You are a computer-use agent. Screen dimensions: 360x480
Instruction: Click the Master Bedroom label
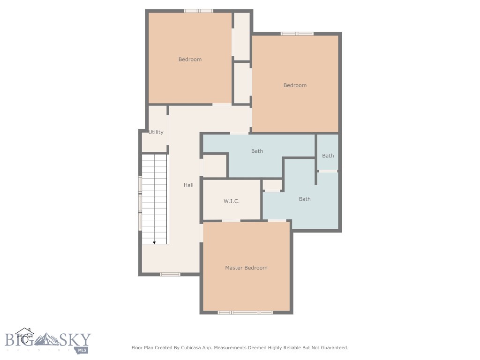pyautogui.click(x=246, y=268)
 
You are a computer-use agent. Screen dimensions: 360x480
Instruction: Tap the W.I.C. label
pyautogui.click(x=231, y=201)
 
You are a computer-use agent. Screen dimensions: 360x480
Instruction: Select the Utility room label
pyautogui.click(x=156, y=132)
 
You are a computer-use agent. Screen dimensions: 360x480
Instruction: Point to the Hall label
pyautogui.click(x=188, y=185)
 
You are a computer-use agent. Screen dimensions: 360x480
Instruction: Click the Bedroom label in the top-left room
pyautogui.click(x=190, y=60)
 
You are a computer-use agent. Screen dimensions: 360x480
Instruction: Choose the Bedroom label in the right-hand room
pyautogui.click(x=295, y=85)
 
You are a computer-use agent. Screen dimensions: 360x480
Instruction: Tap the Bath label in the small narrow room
pyautogui.click(x=328, y=156)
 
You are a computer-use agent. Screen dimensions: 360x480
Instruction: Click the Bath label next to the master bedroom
pyautogui.click(x=305, y=199)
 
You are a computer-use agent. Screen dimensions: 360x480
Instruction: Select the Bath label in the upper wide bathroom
pyautogui.click(x=257, y=151)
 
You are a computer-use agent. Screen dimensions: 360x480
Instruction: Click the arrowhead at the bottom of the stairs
pyautogui.click(x=154, y=242)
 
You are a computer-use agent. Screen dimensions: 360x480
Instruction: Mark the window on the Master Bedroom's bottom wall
pyautogui.click(x=245, y=312)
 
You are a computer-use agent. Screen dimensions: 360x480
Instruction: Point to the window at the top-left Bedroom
pyautogui.click(x=198, y=11)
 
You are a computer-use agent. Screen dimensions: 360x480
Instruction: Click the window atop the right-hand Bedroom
pyautogui.click(x=297, y=34)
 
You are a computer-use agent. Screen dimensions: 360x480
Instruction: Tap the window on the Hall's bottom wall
pyautogui.click(x=170, y=274)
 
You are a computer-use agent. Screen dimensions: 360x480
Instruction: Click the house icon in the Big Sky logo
pyautogui.click(x=24, y=336)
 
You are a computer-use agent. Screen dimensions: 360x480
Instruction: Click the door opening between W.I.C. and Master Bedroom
pyautogui.click(x=231, y=220)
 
